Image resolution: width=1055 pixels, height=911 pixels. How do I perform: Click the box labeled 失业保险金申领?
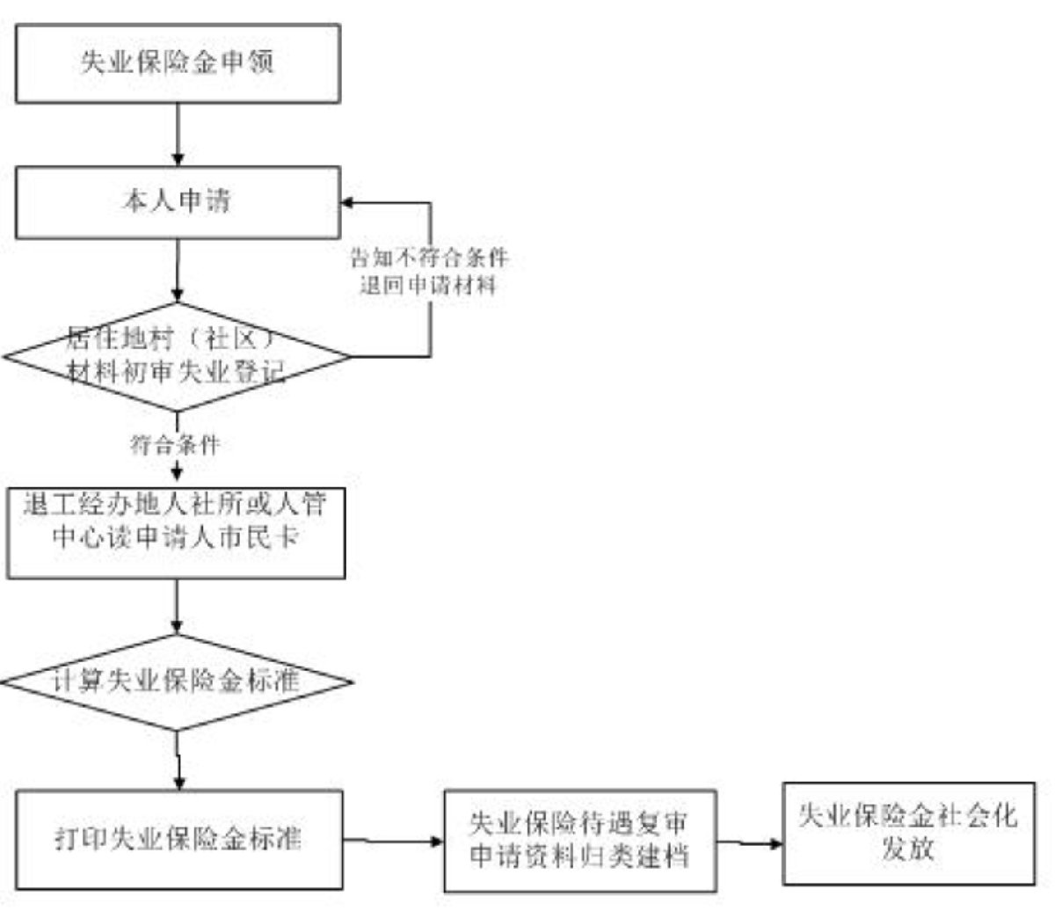pyautogui.click(x=178, y=63)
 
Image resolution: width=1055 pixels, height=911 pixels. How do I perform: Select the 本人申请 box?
pyautogui.click(x=178, y=202)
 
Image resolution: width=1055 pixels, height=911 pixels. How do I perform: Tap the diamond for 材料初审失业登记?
pyautogui.click(x=178, y=357)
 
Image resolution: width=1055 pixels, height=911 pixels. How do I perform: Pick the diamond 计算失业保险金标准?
pyautogui.click(x=178, y=682)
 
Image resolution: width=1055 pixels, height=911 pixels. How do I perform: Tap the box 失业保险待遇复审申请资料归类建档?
pyautogui.click(x=579, y=841)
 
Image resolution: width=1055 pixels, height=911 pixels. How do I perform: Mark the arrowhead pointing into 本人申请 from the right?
pyautogui.click(x=348, y=203)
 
